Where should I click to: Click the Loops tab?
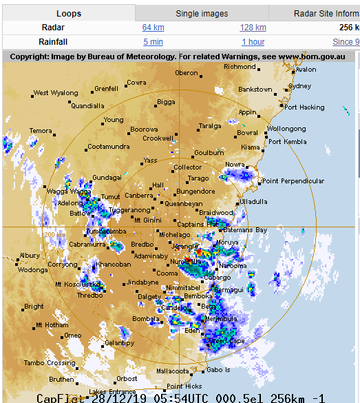click(x=68, y=13)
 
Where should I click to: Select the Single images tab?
click(x=202, y=13)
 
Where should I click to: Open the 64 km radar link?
click(x=153, y=28)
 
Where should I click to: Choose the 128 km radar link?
click(x=253, y=28)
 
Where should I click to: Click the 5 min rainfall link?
click(x=153, y=42)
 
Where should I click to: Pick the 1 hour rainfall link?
click(x=253, y=42)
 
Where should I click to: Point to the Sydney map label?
click(x=300, y=86)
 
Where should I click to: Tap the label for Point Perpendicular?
click(x=293, y=181)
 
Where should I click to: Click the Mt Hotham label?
click(x=52, y=325)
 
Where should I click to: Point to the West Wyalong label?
click(x=56, y=93)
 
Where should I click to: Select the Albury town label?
click(x=30, y=256)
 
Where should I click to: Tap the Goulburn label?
click(x=209, y=153)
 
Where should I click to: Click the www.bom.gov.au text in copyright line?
click(x=311, y=56)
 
